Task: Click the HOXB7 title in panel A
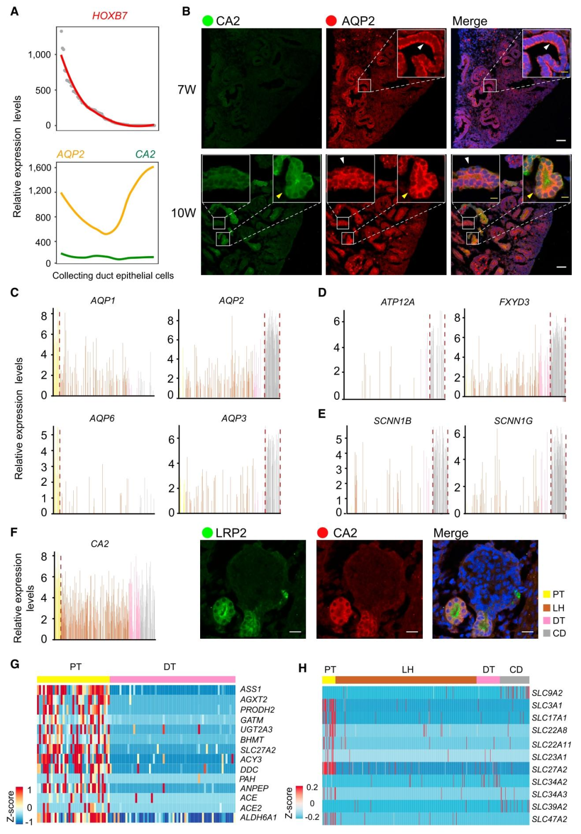pos(110,16)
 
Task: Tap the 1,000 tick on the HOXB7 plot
pos(39,54)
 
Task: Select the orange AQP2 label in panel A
pos(70,154)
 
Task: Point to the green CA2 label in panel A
pos(145,154)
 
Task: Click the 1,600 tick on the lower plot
pos(39,167)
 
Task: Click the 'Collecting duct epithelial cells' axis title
pos(113,275)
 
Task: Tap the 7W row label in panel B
pos(187,89)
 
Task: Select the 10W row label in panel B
pos(183,213)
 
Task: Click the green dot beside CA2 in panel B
pos(208,21)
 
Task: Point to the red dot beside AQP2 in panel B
pos(331,21)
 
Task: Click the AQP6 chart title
pos(102,419)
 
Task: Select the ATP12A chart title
pos(398,302)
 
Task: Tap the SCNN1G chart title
pos(513,421)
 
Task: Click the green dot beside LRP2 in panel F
pos(207,533)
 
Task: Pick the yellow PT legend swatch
pos(547,594)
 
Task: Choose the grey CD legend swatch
pos(547,633)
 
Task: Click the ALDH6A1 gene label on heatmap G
pos(258,817)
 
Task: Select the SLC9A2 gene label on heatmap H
pos(547,693)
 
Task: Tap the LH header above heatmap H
pos(408,669)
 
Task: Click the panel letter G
pos(15,664)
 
